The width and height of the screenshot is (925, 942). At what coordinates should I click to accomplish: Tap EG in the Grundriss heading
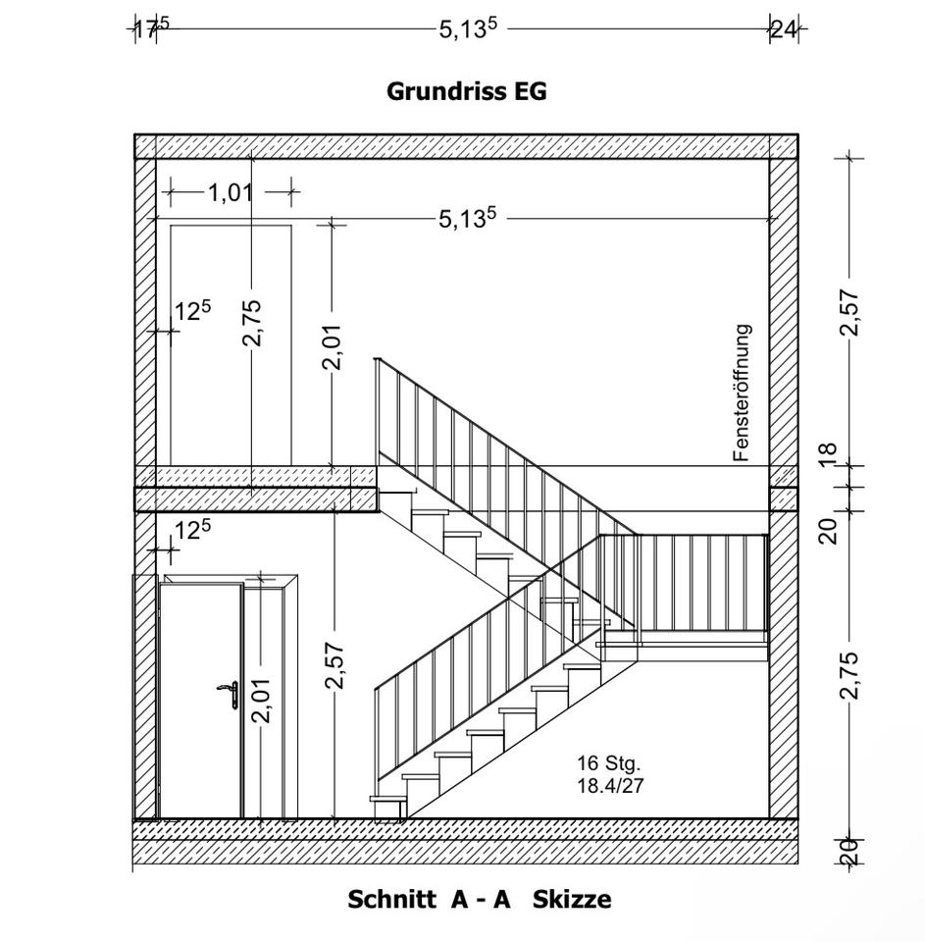click(529, 91)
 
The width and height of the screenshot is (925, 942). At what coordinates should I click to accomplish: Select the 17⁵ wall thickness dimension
click(147, 28)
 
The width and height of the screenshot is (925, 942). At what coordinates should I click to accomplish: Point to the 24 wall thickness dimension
click(783, 28)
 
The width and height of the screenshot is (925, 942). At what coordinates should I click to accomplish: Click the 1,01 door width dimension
click(231, 192)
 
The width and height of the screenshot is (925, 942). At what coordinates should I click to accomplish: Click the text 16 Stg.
click(608, 762)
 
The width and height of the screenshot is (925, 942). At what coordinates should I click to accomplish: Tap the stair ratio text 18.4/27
click(610, 784)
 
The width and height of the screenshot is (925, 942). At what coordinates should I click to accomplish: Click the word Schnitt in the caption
click(391, 899)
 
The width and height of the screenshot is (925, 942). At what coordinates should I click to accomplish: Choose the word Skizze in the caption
click(572, 899)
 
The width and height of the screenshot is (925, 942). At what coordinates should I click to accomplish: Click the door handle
click(230, 692)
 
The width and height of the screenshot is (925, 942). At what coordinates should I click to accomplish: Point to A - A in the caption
click(482, 899)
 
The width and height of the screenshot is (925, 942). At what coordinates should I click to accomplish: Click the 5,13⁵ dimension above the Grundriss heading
click(468, 28)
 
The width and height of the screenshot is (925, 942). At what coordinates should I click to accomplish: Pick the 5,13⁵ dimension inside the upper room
click(467, 218)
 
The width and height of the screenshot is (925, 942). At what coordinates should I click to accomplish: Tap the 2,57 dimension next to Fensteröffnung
click(849, 312)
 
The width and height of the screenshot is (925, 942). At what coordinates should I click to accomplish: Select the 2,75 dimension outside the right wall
click(849, 675)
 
